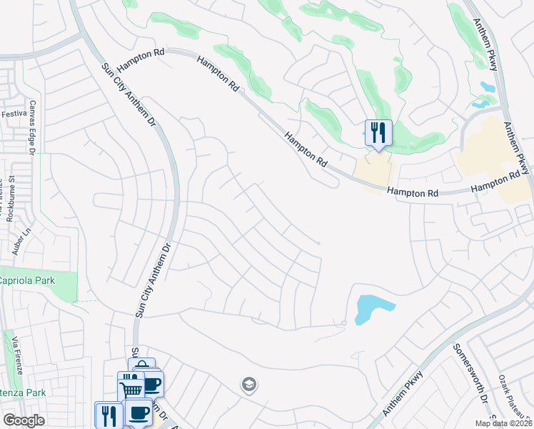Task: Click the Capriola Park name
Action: pos(28,280)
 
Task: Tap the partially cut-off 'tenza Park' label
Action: pos(23,393)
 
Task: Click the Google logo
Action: pos(24,420)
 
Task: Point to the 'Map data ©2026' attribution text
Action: pos(503,423)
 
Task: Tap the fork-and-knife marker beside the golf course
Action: pos(378,132)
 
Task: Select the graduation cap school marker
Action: pos(249,385)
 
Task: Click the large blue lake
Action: pos(371,308)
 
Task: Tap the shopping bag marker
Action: pos(142,367)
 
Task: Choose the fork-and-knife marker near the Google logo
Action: pos(109,414)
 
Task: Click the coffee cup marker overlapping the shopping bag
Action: pos(152,384)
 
